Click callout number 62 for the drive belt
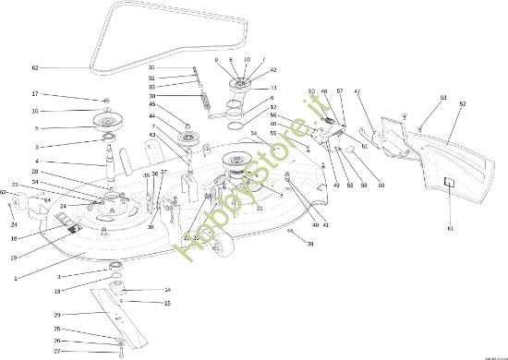coord(35,68)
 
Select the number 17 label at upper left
coord(35,94)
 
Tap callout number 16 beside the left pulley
coord(35,111)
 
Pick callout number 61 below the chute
coord(451,227)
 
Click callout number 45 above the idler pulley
coord(151,104)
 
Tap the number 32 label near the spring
coord(151,68)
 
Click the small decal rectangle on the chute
coord(451,183)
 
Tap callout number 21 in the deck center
coord(260,209)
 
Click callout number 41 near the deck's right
coord(326,225)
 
